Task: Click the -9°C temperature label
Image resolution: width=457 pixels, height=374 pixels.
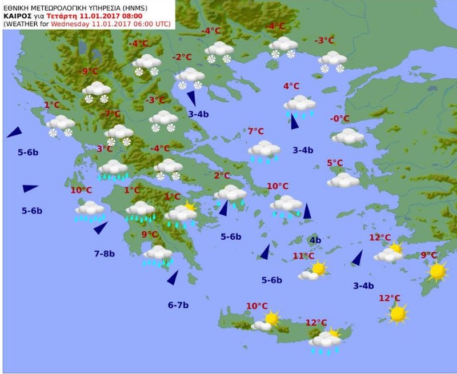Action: (x=89, y=71)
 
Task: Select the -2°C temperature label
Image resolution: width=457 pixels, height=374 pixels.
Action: (x=182, y=57)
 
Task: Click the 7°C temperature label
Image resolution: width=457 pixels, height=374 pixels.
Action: (x=255, y=131)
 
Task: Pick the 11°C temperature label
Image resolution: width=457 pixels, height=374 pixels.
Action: (x=303, y=256)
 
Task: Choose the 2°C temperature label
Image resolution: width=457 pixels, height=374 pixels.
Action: (x=222, y=176)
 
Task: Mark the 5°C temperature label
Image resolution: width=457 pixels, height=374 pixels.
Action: (x=335, y=163)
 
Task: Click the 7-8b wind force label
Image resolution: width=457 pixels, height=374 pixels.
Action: (x=105, y=254)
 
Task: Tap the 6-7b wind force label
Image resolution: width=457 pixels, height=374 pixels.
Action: (x=178, y=305)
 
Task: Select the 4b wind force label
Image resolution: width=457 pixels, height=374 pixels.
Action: (x=315, y=240)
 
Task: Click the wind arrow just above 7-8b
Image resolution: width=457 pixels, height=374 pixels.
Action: (x=101, y=228)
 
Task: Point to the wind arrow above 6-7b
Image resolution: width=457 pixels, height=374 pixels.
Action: (x=173, y=278)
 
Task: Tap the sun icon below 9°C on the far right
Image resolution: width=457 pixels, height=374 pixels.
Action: (x=438, y=271)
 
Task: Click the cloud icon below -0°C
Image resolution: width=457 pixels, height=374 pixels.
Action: (x=348, y=136)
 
